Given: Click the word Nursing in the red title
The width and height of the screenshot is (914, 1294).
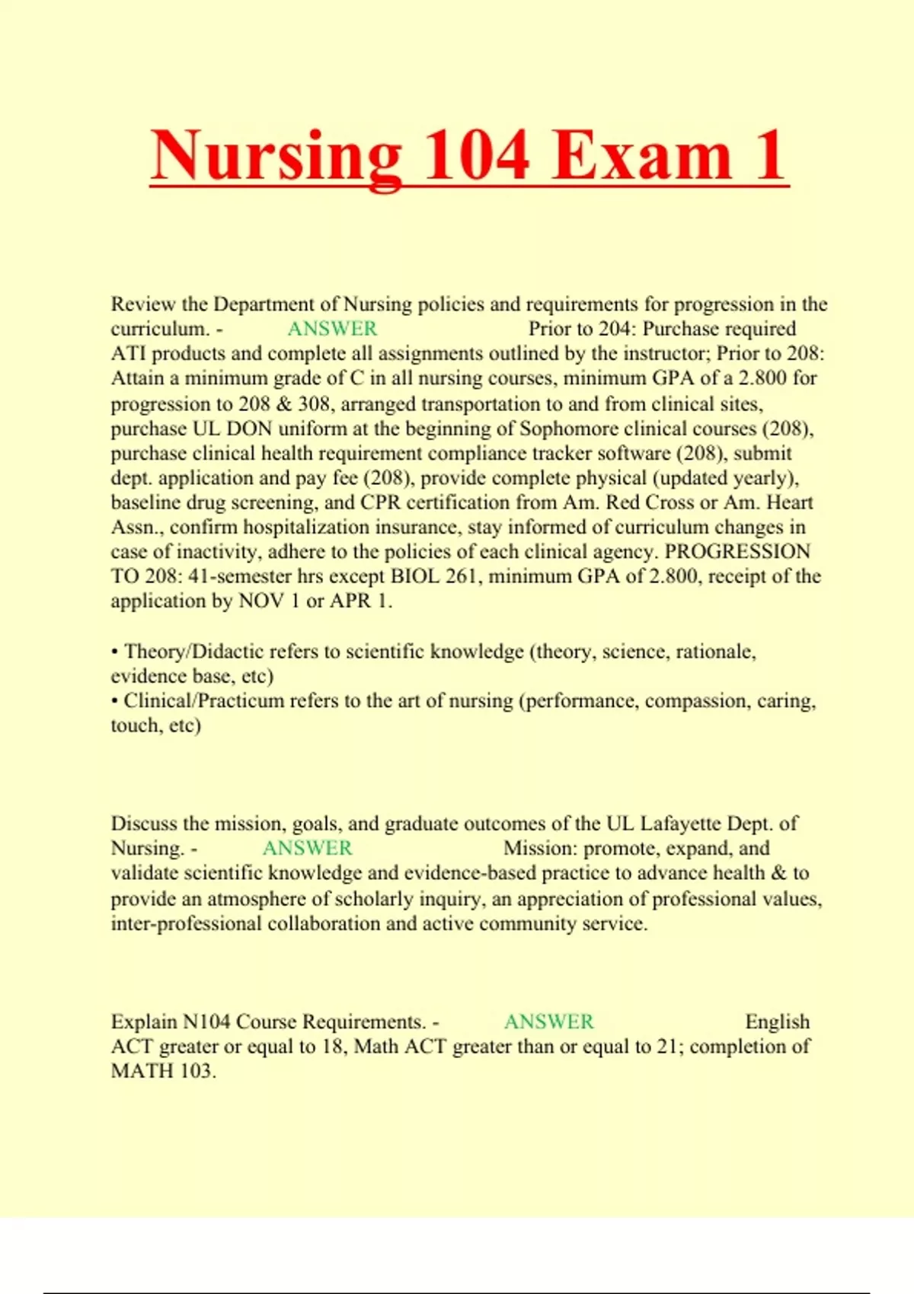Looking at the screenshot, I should pyautogui.click(x=276, y=155).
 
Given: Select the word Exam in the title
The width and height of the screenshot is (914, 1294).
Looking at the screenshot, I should pyautogui.click(x=641, y=155).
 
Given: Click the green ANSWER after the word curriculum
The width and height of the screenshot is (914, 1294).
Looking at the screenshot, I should pyautogui.click(x=332, y=329).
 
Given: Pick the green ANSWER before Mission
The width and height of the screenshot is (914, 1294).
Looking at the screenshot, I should pyautogui.click(x=307, y=848).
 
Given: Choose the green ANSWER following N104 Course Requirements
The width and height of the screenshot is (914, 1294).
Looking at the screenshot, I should pyautogui.click(x=548, y=1021).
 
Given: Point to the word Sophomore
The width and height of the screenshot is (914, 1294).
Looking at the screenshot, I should pyautogui.click(x=566, y=429).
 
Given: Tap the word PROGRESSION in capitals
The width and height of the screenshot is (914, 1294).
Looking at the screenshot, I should pyautogui.click(x=737, y=552).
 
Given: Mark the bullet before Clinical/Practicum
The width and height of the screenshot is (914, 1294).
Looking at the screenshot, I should pyautogui.click(x=114, y=701).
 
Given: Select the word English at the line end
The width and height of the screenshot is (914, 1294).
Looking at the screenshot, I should pyautogui.click(x=777, y=1021).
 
